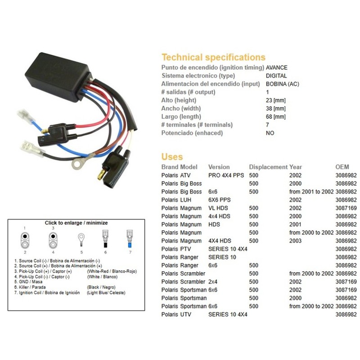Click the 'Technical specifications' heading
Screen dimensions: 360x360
tap(213, 57)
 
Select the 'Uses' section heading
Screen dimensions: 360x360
tap(172, 157)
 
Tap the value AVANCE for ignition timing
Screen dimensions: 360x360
tap(277, 67)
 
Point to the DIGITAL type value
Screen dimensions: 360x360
tap(276, 76)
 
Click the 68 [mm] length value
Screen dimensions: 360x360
tap(276, 117)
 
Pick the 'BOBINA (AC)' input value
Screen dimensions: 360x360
tap(283, 84)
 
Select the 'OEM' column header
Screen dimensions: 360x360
tap(342, 167)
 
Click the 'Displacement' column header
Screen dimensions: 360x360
tap(268, 167)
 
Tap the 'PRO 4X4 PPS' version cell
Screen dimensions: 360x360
tap(226, 175)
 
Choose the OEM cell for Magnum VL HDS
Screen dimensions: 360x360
tap(346, 208)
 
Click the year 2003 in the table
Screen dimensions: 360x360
tap(295, 241)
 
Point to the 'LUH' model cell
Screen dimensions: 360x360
tap(186, 200)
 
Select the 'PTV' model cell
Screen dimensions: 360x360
tap(185, 249)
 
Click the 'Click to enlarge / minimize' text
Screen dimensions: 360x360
tap(76, 223)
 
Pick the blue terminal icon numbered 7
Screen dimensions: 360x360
tap(130, 239)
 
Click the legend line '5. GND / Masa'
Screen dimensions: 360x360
tap(28, 282)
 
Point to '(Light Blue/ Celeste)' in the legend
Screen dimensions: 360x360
tap(106, 293)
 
